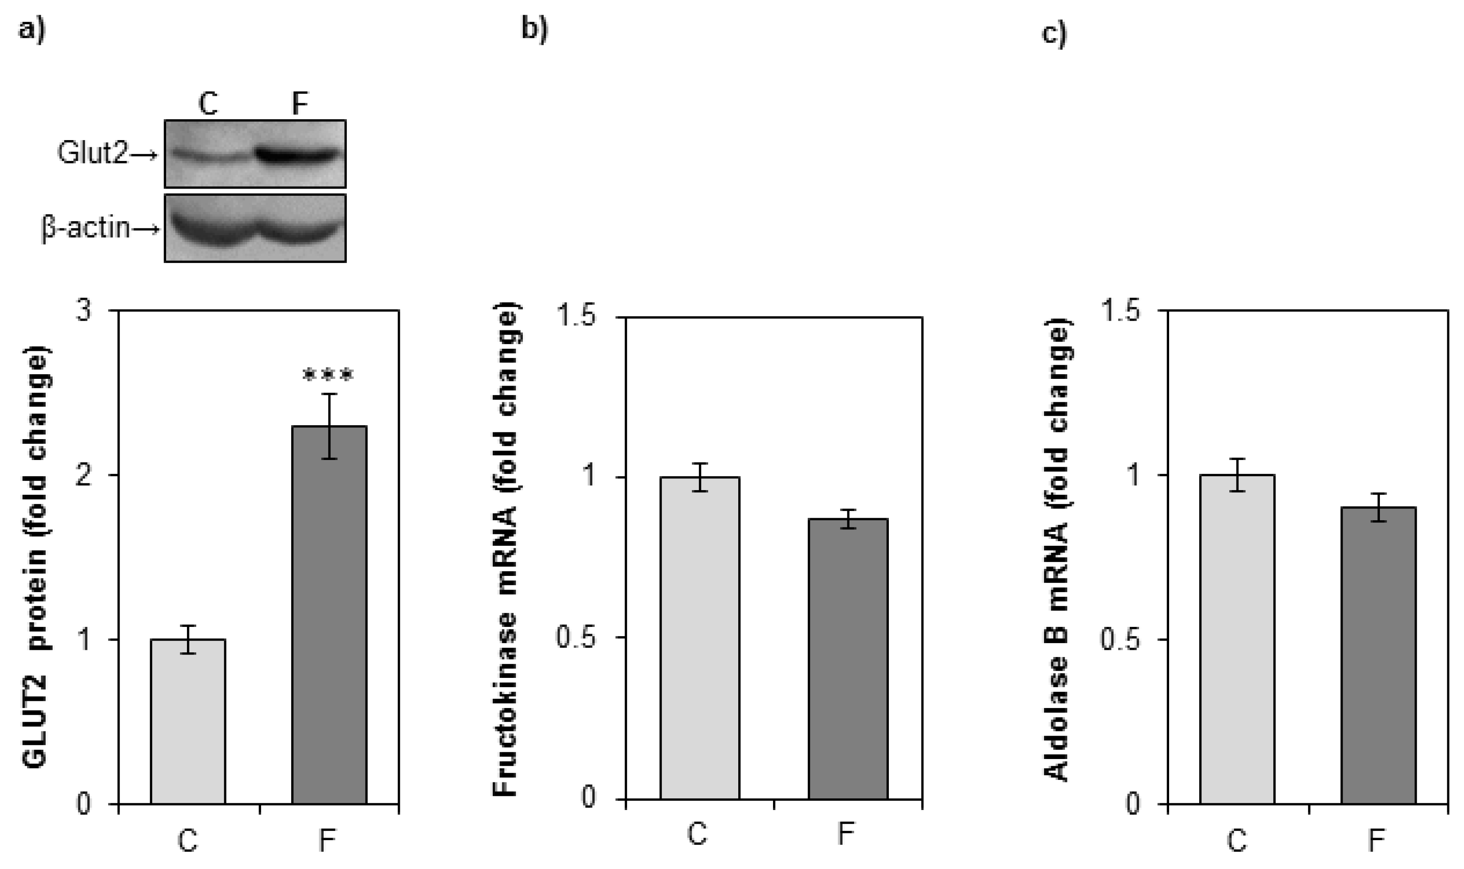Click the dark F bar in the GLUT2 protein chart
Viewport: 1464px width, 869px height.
[329, 615]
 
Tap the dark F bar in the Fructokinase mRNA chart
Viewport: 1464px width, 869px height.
[848, 659]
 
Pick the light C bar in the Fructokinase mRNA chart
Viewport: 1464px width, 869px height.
[700, 638]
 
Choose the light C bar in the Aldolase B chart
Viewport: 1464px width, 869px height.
[1237, 638]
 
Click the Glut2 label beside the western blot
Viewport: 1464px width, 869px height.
[92, 154]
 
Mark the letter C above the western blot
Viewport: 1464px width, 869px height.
[208, 104]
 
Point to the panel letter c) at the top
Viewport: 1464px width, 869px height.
[1054, 32]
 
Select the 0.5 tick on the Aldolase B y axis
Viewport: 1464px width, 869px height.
[1120, 639]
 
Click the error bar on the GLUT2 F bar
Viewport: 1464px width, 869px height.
[330, 426]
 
